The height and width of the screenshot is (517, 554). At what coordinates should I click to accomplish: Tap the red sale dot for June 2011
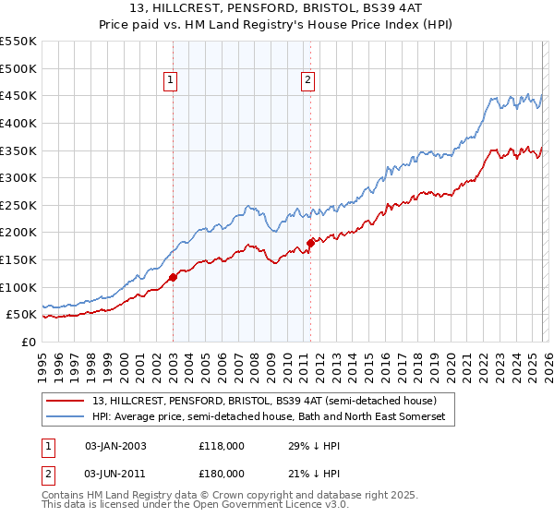click(x=310, y=243)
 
